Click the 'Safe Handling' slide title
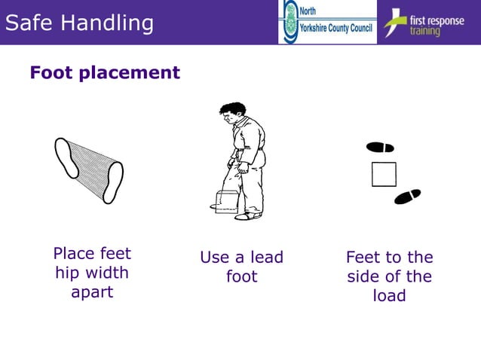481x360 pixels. pyautogui.click(x=78, y=23)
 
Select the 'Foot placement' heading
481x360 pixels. pyautogui.click(x=105, y=72)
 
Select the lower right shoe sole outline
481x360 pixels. pyautogui.click(x=113, y=182)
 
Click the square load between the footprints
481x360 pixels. pyautogui.click(x=384, y=174)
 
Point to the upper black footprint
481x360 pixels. pyautogui.click(x=380, y=147)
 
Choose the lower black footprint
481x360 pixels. pyautogui.click(x=407, y=197)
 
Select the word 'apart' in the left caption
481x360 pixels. pyautogui.click(x=92, y=292)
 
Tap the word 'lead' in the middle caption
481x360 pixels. pyautogui.click(x=266, y=258)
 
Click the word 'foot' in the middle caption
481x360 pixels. pyautogui.click(x=242, y=277)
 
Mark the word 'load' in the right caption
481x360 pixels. pyautogui.click(x=390, y=296)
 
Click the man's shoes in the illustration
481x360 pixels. pyautogui.click(x=247, y=216)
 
